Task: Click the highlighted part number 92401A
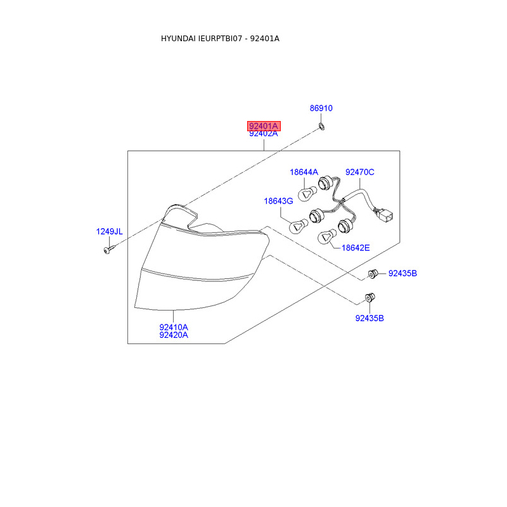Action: [x=263, y=126]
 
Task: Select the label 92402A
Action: [x=263, y=134]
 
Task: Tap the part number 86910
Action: [x=321, y=108]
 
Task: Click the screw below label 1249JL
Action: [x=106, y=252]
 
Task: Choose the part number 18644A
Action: [x=304, y=172]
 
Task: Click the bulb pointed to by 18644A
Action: [x=309, y=191]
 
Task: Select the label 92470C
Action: [x=359, y=172]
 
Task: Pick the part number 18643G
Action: [x=278, y=201]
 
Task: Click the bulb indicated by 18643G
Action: [x=298, y=224]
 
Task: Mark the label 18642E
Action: [x=355, y=248]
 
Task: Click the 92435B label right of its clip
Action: [x=402, y=273]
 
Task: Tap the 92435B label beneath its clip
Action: [x=369, y=318]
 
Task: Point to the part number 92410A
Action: [x=174, y=327]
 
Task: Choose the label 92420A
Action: [x=174, y=335]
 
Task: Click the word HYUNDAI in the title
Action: [x=178, y=39]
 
